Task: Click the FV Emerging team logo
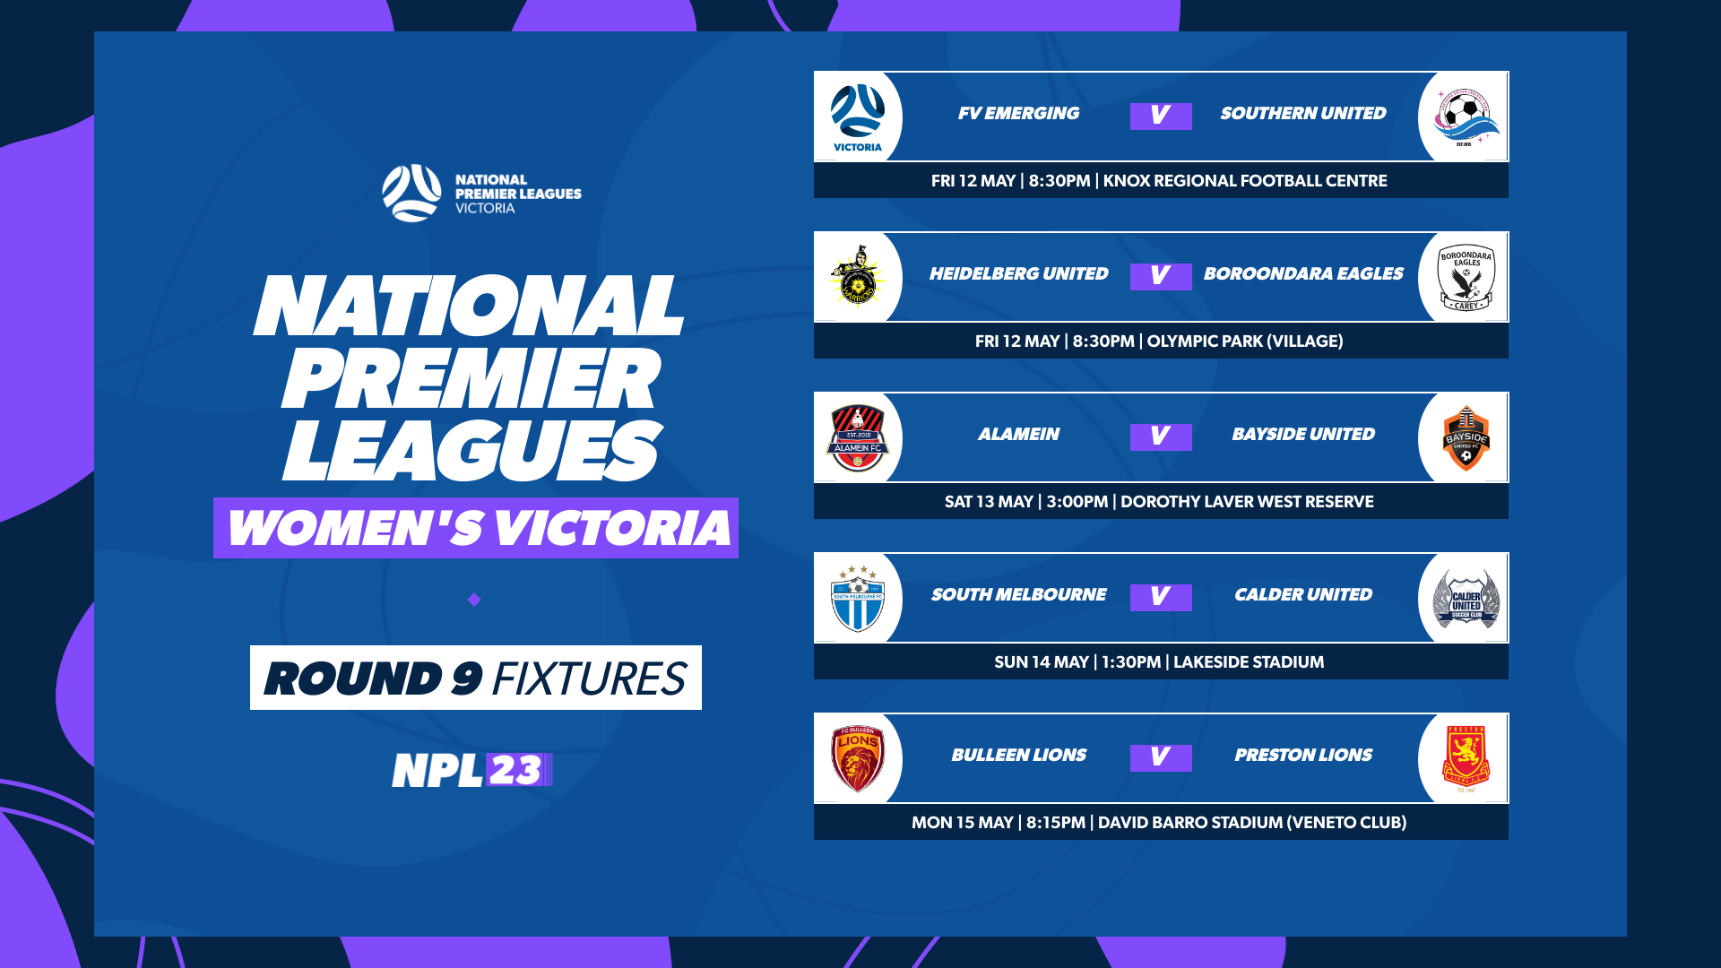tap(857, 117)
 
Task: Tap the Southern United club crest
tap(1466, 117)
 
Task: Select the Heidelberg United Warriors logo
tap(857, 277)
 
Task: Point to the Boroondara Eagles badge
tap(1466, 277)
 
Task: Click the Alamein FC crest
tap(857, 437)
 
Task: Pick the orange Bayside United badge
tap(1466, 437)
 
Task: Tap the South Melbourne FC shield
tap(857, 598)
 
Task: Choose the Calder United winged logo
tap(1466, 598)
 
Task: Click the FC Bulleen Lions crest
tap(857, 758)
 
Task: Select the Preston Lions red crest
tap(1466, 758)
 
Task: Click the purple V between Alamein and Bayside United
tap(1161, 436)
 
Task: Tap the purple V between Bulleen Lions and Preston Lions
tap(1161, 757)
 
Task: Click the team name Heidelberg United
tap(1018, 274)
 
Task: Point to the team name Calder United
tap(1302, 595)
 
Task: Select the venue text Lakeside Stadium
tap(1248, 662)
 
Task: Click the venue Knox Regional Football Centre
tap(1244, 181)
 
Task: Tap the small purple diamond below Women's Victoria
tap(474, 600)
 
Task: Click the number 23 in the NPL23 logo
tap(515, 770)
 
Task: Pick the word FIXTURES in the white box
tap(588, 678)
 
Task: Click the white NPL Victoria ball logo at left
tap(411, 193)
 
